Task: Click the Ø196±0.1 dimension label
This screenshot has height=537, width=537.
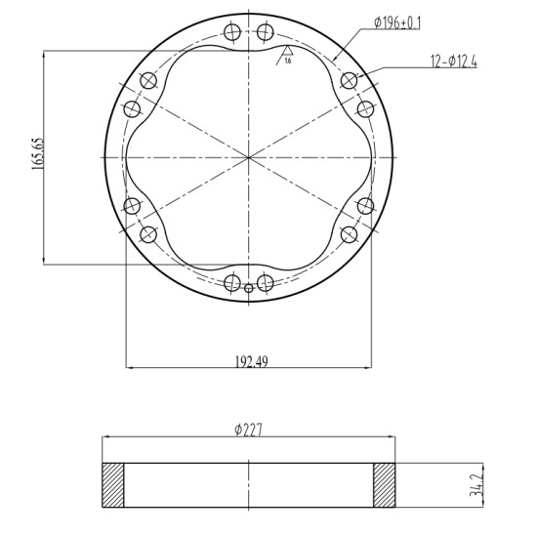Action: [397, 23]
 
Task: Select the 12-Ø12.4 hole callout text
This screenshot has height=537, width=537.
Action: [454, 62]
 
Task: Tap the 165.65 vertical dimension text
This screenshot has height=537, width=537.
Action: [38, 154]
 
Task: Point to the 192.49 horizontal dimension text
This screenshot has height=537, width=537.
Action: [252, 361]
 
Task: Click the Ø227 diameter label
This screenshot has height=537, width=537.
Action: [249, 430]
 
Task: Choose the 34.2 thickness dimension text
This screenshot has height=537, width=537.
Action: [476, 484]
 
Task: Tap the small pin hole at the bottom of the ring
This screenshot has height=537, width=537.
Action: [249, 288]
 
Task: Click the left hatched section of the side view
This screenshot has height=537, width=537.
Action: [113, 485]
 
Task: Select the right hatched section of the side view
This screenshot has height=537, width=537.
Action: [384, 485]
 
